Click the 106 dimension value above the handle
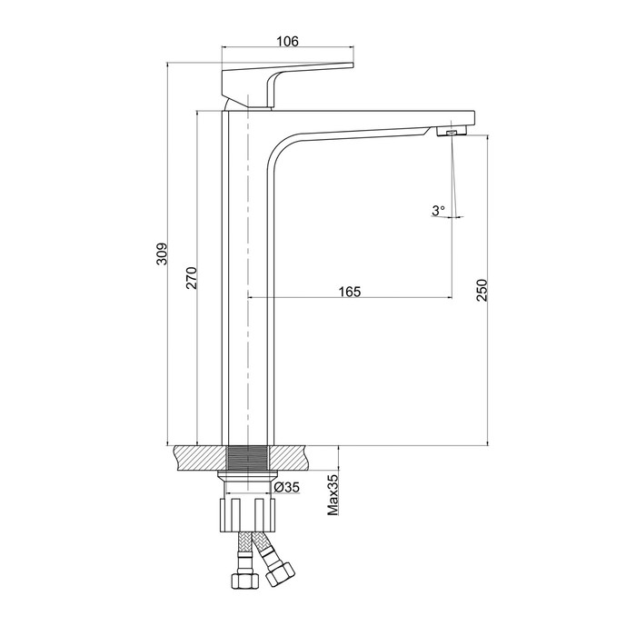[287, 41]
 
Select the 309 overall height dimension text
[163, 254]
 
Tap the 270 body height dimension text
[192, 278]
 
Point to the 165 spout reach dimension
[350, 292]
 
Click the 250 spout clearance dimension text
[482, 290]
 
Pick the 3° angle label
[438, 211]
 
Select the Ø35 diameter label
[286, 487]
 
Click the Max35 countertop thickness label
[333, 495]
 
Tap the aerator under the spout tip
[452, 131]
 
